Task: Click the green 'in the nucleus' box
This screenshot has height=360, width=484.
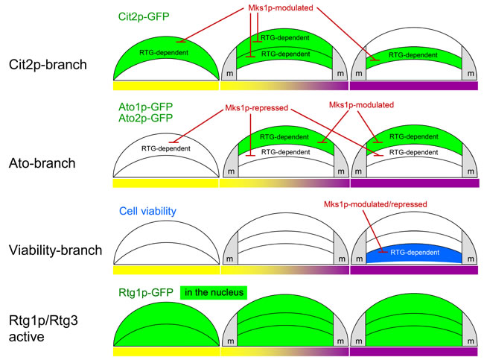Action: click(213, 292)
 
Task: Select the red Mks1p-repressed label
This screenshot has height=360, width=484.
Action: click(257, 108)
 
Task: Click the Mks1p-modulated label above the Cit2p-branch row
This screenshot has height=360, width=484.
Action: click(279, 10)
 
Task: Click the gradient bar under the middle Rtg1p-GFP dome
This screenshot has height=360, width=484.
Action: click(286, 350)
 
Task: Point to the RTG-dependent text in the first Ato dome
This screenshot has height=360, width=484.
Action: click(165, 148)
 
